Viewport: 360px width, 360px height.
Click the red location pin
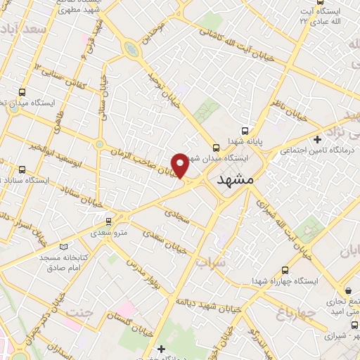click(181, 165)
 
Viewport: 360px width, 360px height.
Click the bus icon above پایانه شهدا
click(245, 130)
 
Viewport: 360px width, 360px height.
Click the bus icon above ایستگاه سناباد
click(22, 169)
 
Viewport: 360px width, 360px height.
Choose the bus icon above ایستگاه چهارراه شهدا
click(285, 270)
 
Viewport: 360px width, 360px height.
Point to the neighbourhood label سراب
click(210, 263)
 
